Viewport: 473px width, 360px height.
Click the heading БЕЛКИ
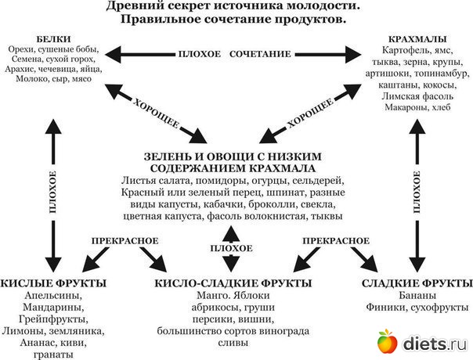click(49, 38)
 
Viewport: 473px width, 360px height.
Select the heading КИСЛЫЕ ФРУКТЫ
click(53, 283)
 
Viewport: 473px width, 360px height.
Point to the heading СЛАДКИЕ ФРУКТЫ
click(417, 283)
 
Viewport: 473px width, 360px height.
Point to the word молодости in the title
click(297, 6)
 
